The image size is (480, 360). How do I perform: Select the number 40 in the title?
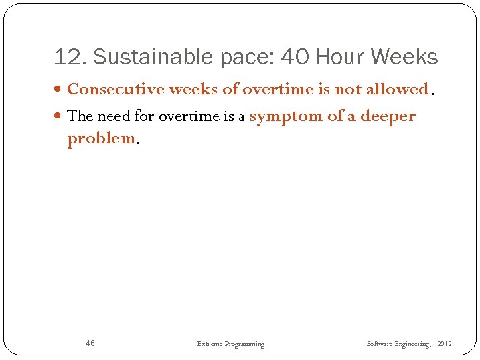click(295, 58)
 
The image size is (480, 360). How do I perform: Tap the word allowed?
click(401, 89)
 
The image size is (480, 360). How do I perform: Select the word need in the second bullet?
click(114, 116)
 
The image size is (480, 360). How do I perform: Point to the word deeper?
click(388, 116)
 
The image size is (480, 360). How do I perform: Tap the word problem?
click(101, 139)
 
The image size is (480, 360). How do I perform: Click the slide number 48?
click(90, 343)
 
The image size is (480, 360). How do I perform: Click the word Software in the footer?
click(379, 344)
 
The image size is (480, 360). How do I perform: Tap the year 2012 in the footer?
click(444, 344)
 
